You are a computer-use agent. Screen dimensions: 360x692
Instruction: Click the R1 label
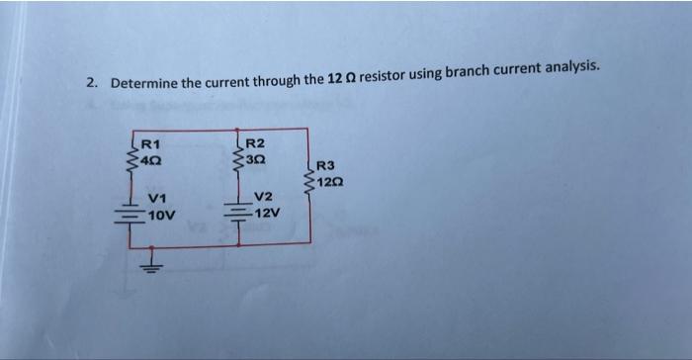[151, 144]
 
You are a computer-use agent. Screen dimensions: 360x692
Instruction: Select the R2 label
[255, 144]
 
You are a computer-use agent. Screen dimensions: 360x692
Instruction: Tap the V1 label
[156, 198]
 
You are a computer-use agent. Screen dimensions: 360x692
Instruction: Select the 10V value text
[160, 213]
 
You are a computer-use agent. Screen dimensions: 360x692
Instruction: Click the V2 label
[263, 198]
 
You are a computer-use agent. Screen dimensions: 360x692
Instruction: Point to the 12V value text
[267, 213]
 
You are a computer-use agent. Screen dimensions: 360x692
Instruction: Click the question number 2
[90, 84]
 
